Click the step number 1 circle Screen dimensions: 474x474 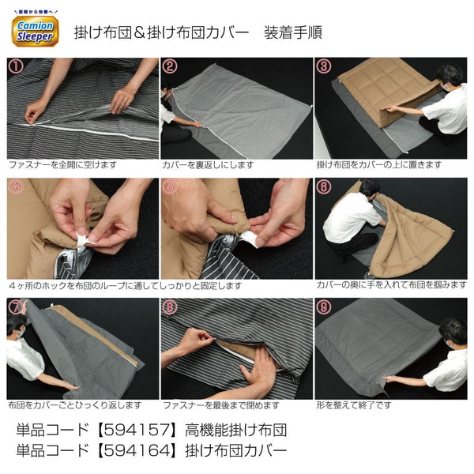pyautogui.click(x=15, y=66)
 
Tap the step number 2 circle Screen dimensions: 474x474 pyautogui.click(x=170, y=66)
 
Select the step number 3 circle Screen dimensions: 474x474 pyautogui.click(x=324, y=66)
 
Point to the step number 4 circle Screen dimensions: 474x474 pyautogui.click(x=15, y=187)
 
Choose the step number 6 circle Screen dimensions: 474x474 pyautogui.click(x=324, y=187)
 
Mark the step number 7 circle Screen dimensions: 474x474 pyautogui.click(x=15, y=307)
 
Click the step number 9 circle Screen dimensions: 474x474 pyautogui.click(x=324, y=307)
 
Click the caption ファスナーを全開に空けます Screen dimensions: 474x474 pyautogui.click(x=62, y=166)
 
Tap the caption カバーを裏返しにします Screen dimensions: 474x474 pyautogui.click(x=209, y=166)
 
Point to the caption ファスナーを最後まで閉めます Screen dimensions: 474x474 pyautogui.click(x=220, y=405)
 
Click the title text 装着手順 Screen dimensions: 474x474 pyautogui.click(x=293, y=32)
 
